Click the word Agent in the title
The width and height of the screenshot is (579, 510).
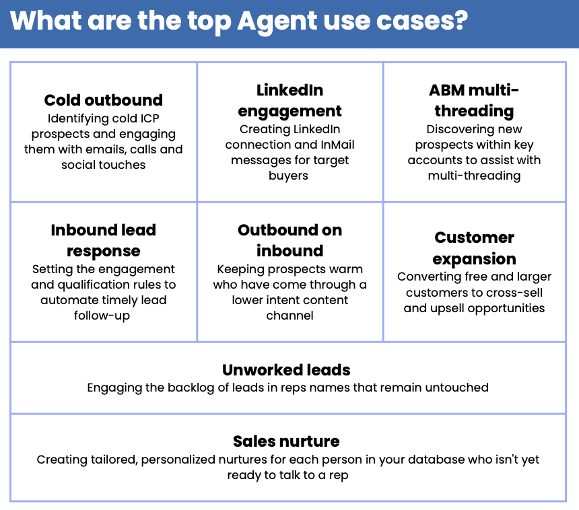click(x=277, y=22)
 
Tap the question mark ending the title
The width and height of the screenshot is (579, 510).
click(x=461, y=20)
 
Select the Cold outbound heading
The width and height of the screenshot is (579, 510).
click(x=104, y=100)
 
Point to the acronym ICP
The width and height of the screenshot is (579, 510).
click(x=149, y=118)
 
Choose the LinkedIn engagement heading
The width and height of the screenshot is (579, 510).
click(x=290, y=101)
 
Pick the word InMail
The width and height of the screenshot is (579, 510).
click(x=337, y=145)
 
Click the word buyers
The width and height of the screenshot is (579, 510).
click(x=288, y=176)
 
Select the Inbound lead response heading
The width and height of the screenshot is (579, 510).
click(x=104, y=241)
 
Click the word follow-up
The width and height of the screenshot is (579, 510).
click(x=102, y=316)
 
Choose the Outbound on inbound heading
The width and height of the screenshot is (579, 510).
click(x=290, y=240)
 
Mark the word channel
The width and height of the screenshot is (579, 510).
click(x=290, y=316)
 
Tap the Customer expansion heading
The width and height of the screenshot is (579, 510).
click(x=474, y=248)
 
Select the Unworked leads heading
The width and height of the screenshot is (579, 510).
click(x=286, y=370)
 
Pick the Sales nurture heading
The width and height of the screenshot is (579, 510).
click(x=286, y=441)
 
